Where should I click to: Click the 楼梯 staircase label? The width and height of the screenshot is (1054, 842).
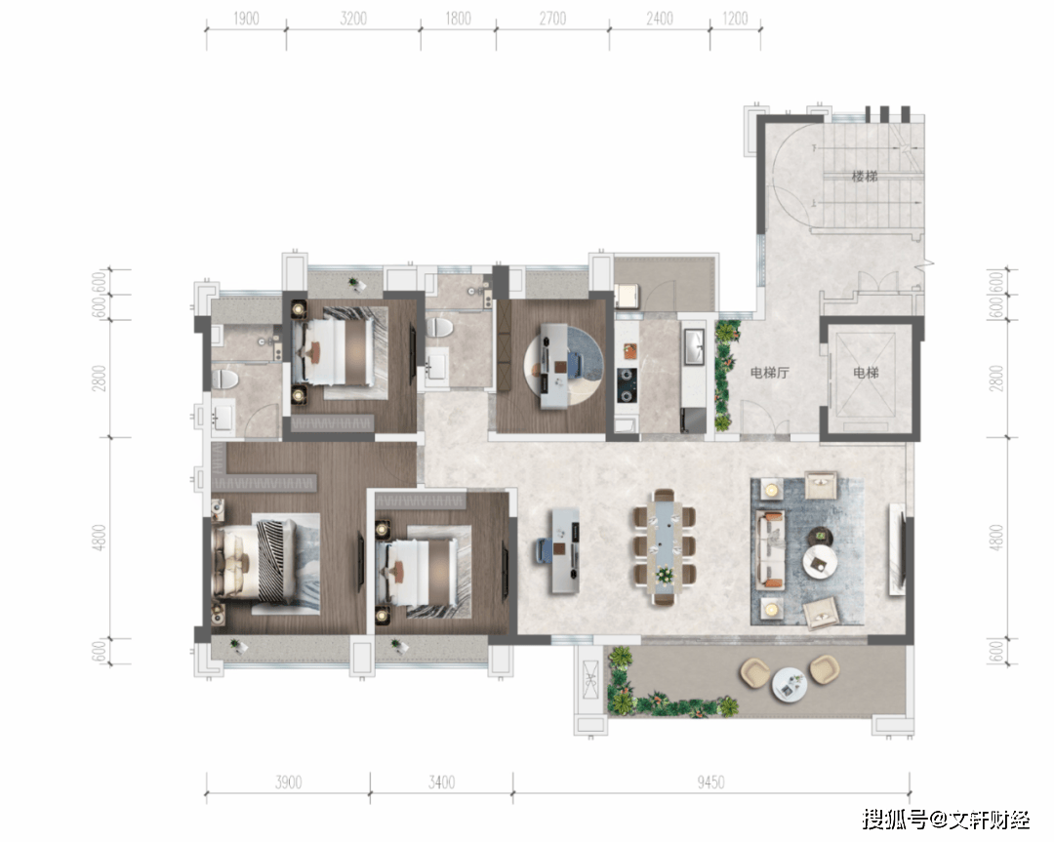pyautogui.click(x=865, y=177)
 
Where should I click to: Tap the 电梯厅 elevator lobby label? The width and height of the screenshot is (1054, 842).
pyautogui.click(x=770, y=373)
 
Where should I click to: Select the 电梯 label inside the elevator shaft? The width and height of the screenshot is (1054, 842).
pyautogui.click(x=866, y=373)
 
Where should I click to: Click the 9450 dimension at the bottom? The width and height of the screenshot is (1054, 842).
pyautogui.click(x=710, y=782)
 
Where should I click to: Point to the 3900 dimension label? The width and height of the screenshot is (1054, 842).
pyautogui.click(x=288, y=782)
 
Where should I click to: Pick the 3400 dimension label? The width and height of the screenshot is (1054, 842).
pyautogui.click(x=441, y=782)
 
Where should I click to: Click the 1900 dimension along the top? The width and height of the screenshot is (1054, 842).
pyautogui.click(x=246, y=19)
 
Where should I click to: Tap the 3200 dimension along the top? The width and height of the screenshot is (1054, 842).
pyautogui.click(x=353, y=19)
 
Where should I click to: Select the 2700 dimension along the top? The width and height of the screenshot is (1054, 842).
pyautogui.click(x=552, y=19)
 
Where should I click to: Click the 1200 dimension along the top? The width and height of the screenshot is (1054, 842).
pyautogui.click(x=735, y=19)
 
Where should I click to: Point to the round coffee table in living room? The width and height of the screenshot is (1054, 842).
pyautogui.click(x=820, y=561)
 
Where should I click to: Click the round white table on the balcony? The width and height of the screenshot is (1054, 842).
pyautogui.click(x=790, y=684)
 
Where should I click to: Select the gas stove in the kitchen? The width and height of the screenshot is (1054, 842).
pyautogui.click(x=628, y=385)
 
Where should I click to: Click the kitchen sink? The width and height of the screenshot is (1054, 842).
pyautogui.click(x=692, y=347)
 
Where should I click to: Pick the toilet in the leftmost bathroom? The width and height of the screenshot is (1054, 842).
pyautogui.click(x=225, y=379)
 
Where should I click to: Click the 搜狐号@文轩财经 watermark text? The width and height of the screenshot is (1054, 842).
pyautogui.click(x=946, y=820)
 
